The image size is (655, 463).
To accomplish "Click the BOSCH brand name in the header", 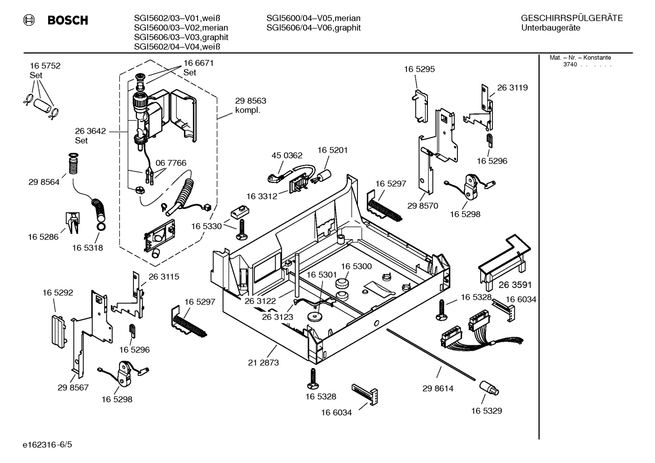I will point(68,20).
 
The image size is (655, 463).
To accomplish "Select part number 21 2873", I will point(263,363).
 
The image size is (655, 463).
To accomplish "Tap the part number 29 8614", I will point(438,388).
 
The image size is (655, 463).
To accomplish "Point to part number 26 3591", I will point(515,285).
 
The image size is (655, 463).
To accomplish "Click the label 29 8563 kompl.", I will point(250,105).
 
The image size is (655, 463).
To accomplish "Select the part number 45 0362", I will point(287,155).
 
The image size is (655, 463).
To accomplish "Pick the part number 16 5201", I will point(332,150).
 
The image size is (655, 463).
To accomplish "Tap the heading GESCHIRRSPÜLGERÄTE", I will point(571,19).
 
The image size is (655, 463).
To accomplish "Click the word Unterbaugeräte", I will point(551,28).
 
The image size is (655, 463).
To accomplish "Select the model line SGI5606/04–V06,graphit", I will point(313,28).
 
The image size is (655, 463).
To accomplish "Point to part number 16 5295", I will point(419,69).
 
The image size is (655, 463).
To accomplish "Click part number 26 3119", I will point(512,88).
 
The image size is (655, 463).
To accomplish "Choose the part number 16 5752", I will point(45,66).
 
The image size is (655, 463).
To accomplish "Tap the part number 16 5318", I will point(88,248).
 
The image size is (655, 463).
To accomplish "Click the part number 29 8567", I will point(73,388).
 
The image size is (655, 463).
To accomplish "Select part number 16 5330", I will point(206,226).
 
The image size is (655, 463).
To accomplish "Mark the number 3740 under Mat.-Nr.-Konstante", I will point(570,65).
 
